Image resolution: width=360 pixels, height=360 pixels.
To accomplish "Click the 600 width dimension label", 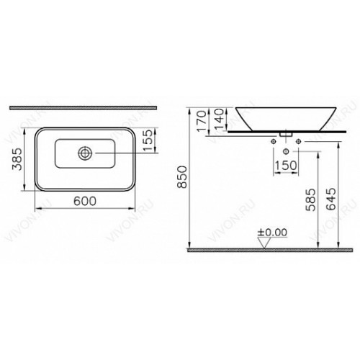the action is click(85, 201).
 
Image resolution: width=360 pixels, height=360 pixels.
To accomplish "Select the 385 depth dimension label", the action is click(17, 159).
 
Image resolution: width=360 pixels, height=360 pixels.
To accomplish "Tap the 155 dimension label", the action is click(149, 140).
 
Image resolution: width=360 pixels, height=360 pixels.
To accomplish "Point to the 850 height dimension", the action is click(182, 177).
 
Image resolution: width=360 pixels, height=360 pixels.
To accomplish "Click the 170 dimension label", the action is click(202, 121).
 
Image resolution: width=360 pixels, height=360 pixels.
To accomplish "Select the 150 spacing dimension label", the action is click(286, 166).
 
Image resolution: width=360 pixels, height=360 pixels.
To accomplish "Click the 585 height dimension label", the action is click(311, 199).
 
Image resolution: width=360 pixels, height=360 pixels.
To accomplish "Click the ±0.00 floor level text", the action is click(272, 233).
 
